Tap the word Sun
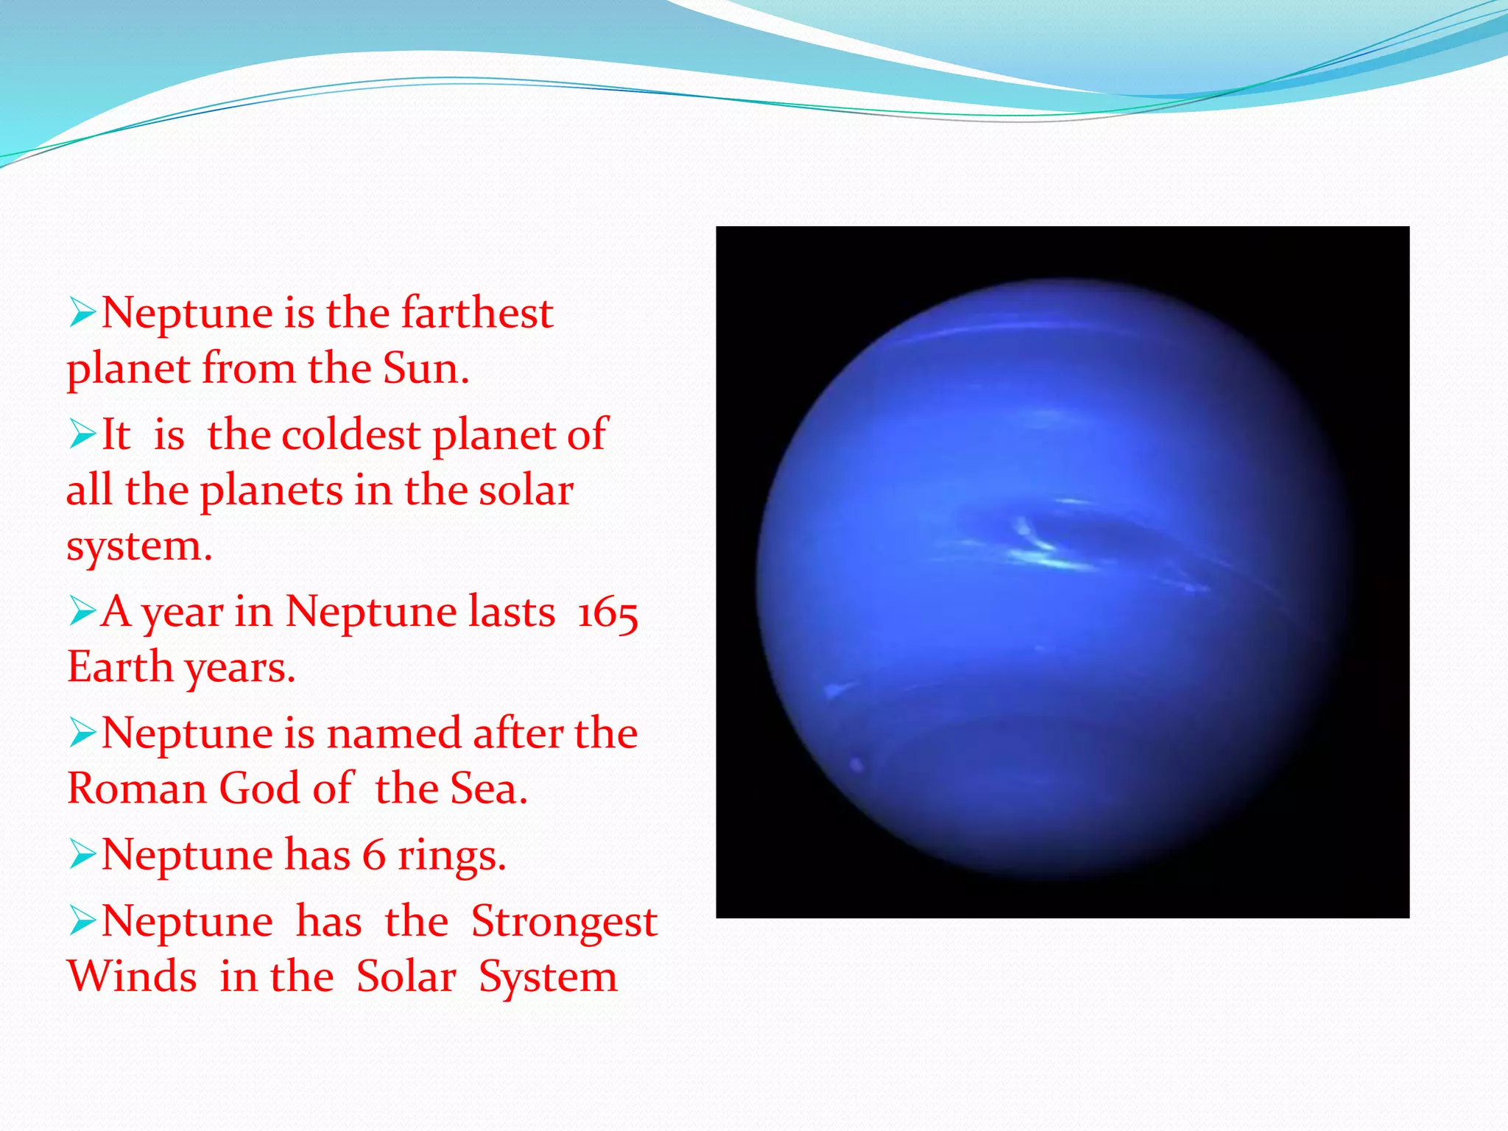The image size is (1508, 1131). coord(425,367)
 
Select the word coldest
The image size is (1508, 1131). coord(350,434)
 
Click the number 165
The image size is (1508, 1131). coord(607,612)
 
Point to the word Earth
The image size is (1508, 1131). coord(120,666)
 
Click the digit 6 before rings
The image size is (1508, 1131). coord(374,855)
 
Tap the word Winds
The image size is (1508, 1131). coord(132,977)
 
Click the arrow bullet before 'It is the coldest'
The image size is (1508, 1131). coord(82,434)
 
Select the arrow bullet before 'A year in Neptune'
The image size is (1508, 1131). coord(82,611)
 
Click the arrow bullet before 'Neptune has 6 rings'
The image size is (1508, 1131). coord(82,855)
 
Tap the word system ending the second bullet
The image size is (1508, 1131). coord(138,546)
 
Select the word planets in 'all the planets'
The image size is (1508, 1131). coord(271,491)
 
